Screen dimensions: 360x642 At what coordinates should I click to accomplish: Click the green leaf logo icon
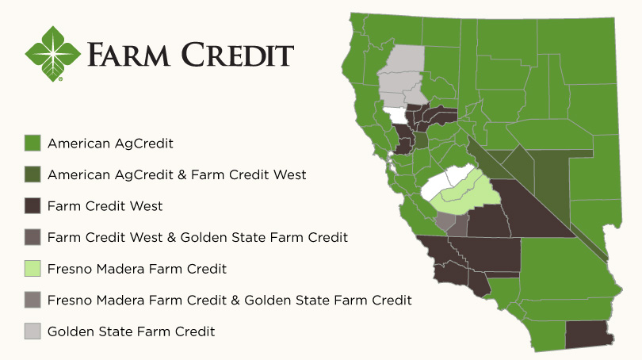coord(53,53)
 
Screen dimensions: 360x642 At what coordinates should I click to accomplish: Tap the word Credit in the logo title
coord(235,55)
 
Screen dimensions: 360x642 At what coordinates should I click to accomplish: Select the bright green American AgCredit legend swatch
coord(32,144)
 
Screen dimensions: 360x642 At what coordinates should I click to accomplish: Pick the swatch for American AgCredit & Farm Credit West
coord(32,174)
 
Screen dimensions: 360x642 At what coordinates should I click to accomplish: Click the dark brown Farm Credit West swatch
coord(32,206)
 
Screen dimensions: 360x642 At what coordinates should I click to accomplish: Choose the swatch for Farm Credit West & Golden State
coord(32,237)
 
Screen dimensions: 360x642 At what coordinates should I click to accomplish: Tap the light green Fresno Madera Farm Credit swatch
coord(32,269)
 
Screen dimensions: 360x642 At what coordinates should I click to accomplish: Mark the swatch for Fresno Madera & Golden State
coord(32,301)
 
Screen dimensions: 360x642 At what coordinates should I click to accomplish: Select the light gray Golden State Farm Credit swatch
coord(32,331)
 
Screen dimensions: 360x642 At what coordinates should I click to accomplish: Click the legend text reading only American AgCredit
coord(110,144)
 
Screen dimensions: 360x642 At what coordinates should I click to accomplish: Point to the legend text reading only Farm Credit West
coord(105,206)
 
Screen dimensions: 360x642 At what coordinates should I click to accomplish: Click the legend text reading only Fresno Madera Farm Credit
coord(137,269)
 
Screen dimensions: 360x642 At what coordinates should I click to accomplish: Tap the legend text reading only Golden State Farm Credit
coord(132,331)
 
